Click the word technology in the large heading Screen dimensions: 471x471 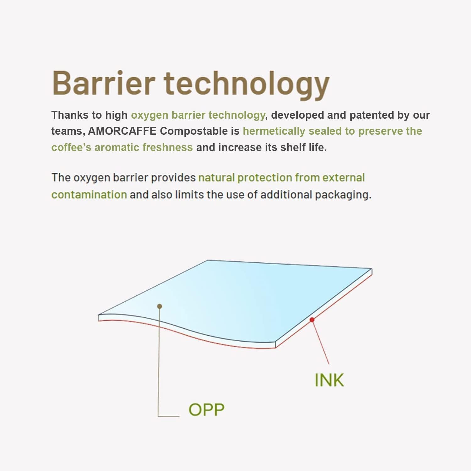coord(247,85)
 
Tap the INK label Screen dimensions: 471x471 coord(329,380)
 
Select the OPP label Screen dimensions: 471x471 coord(206,409)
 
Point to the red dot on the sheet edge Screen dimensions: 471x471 coord(312,320)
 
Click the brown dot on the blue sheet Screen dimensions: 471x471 coord(160,306)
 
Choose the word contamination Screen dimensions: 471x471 coord(89,195)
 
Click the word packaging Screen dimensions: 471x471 coord(343,195)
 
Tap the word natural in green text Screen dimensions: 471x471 coord(216,178)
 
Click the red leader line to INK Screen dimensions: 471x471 coord(321,342)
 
